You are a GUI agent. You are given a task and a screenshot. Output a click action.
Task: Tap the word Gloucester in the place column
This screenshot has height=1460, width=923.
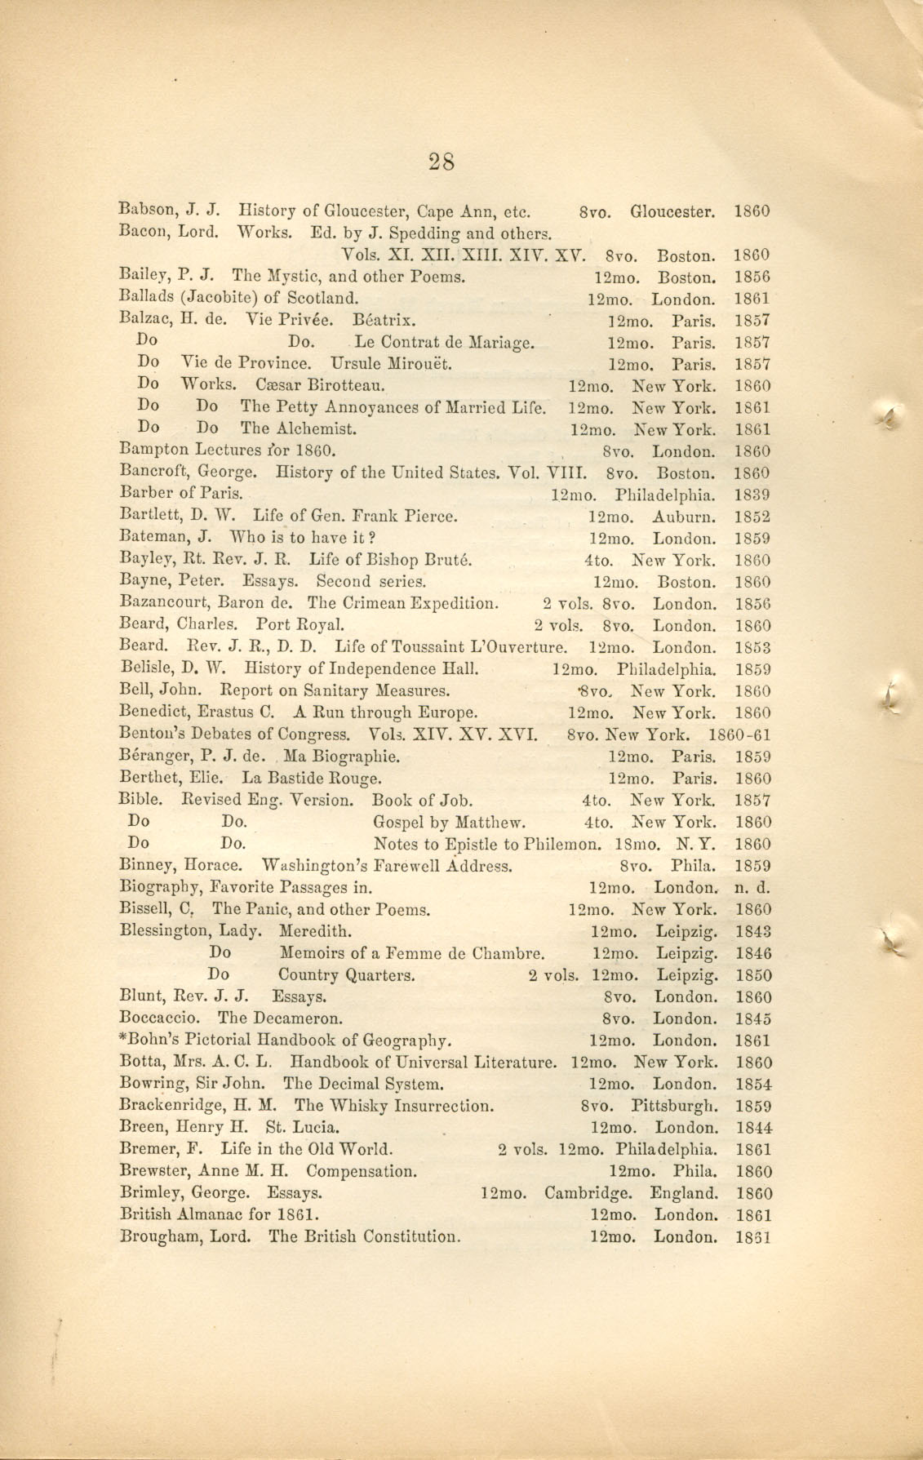tap(672, 211)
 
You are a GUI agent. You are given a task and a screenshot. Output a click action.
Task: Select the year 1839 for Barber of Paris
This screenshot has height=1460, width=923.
tap(752, 495)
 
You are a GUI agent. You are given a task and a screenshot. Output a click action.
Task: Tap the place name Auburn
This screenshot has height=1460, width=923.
tap(684, 517)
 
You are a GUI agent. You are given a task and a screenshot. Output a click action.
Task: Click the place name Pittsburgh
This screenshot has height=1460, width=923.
tap(675, 1107)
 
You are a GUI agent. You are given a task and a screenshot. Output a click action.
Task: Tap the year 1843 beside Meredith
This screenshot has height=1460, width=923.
tap(752, 931)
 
